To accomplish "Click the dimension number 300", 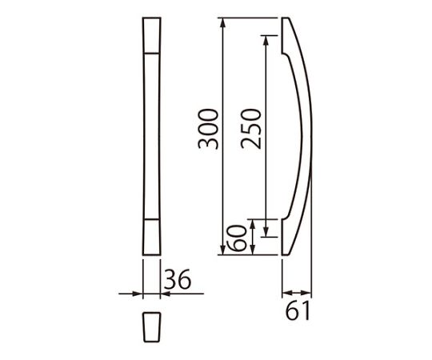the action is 208,129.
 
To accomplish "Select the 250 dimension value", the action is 250,129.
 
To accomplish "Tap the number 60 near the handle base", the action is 236,238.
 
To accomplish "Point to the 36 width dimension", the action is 178,278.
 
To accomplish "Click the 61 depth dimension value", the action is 298,310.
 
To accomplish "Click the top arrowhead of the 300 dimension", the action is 223,22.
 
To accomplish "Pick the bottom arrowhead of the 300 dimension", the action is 223,250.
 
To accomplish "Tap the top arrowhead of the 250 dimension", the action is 266,40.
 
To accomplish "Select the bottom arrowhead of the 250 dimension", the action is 266,232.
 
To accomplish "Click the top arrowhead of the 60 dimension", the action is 252,224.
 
